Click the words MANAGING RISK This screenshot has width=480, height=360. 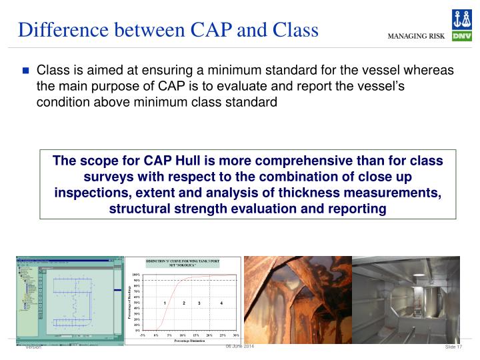tap(417, 36)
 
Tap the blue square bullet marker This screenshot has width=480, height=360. tap(26, 71)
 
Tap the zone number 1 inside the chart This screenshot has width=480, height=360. tap(164, 303)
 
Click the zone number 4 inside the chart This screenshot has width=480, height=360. tap(221, 303)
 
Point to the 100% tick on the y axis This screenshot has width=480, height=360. tap(136, 275)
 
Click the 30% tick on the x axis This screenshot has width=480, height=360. tap(235, 335)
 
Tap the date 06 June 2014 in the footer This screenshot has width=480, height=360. tap(239, 347)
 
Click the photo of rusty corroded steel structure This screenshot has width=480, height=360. tap(297, 299)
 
